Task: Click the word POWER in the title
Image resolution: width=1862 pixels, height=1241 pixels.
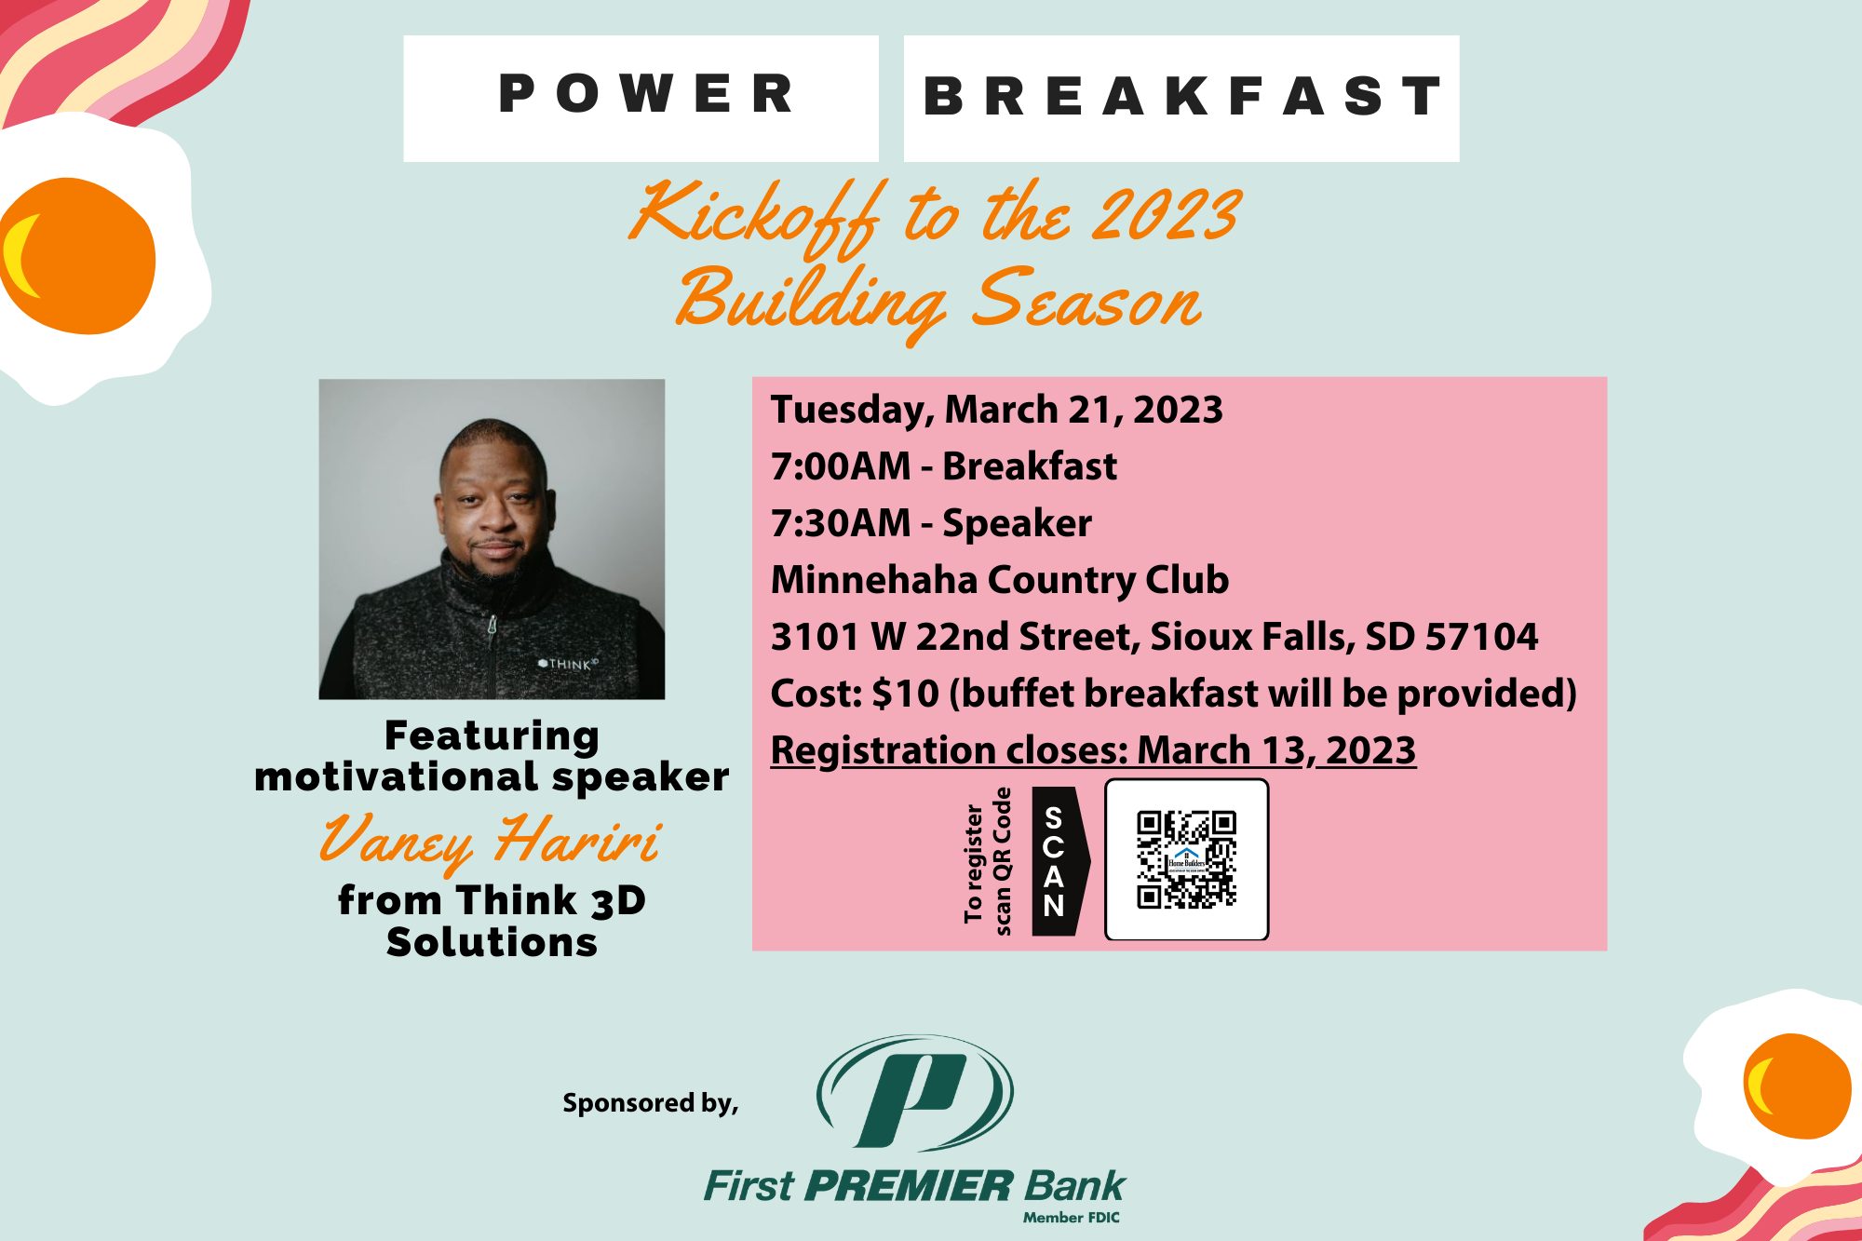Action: pyautogui.click(x=646, y=94)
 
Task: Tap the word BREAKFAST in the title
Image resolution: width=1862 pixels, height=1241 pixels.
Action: pyautogui.click(x=1182, y=96)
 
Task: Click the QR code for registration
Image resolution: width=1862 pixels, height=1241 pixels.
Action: pyautogui.click(x=1186, y=859)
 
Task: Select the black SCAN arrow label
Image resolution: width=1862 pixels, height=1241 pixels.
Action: pyautogui.click(x=1060, y=861)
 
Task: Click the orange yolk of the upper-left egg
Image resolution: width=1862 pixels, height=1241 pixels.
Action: pyautogui.click(x=78, y=256)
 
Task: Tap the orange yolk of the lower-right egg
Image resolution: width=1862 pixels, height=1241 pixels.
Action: pyautogui.click(x=1797, y=1086)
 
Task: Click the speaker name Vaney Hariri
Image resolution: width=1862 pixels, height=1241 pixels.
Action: pyautogui.click(x=491, y=841)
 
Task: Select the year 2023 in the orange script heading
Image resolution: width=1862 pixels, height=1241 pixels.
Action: pyautogui.click(x=1166, y=214)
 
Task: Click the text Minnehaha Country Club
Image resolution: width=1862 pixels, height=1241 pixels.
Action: pyautogui.click(x=1000, y=580)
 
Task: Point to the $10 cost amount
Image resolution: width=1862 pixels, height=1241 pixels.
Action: pyautogui.click(x=906, y=694)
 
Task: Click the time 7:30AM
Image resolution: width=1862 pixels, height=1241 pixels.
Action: pyautogui.click(x=841, y=523)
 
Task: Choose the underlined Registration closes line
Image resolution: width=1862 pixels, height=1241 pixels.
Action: pyautogui.click(x=1093, y=750)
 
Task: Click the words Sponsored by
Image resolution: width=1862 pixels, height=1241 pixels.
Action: pyautogui.click(x=650, y=1103)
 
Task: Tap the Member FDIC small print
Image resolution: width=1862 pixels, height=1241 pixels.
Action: pyautogui.click(x=1072, y=1218)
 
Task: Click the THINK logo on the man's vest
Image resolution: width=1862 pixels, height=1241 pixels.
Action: pyautogui.click(x=568, y=664)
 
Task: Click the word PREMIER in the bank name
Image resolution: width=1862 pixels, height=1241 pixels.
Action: pyautogui.click(x=908, y=1186)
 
